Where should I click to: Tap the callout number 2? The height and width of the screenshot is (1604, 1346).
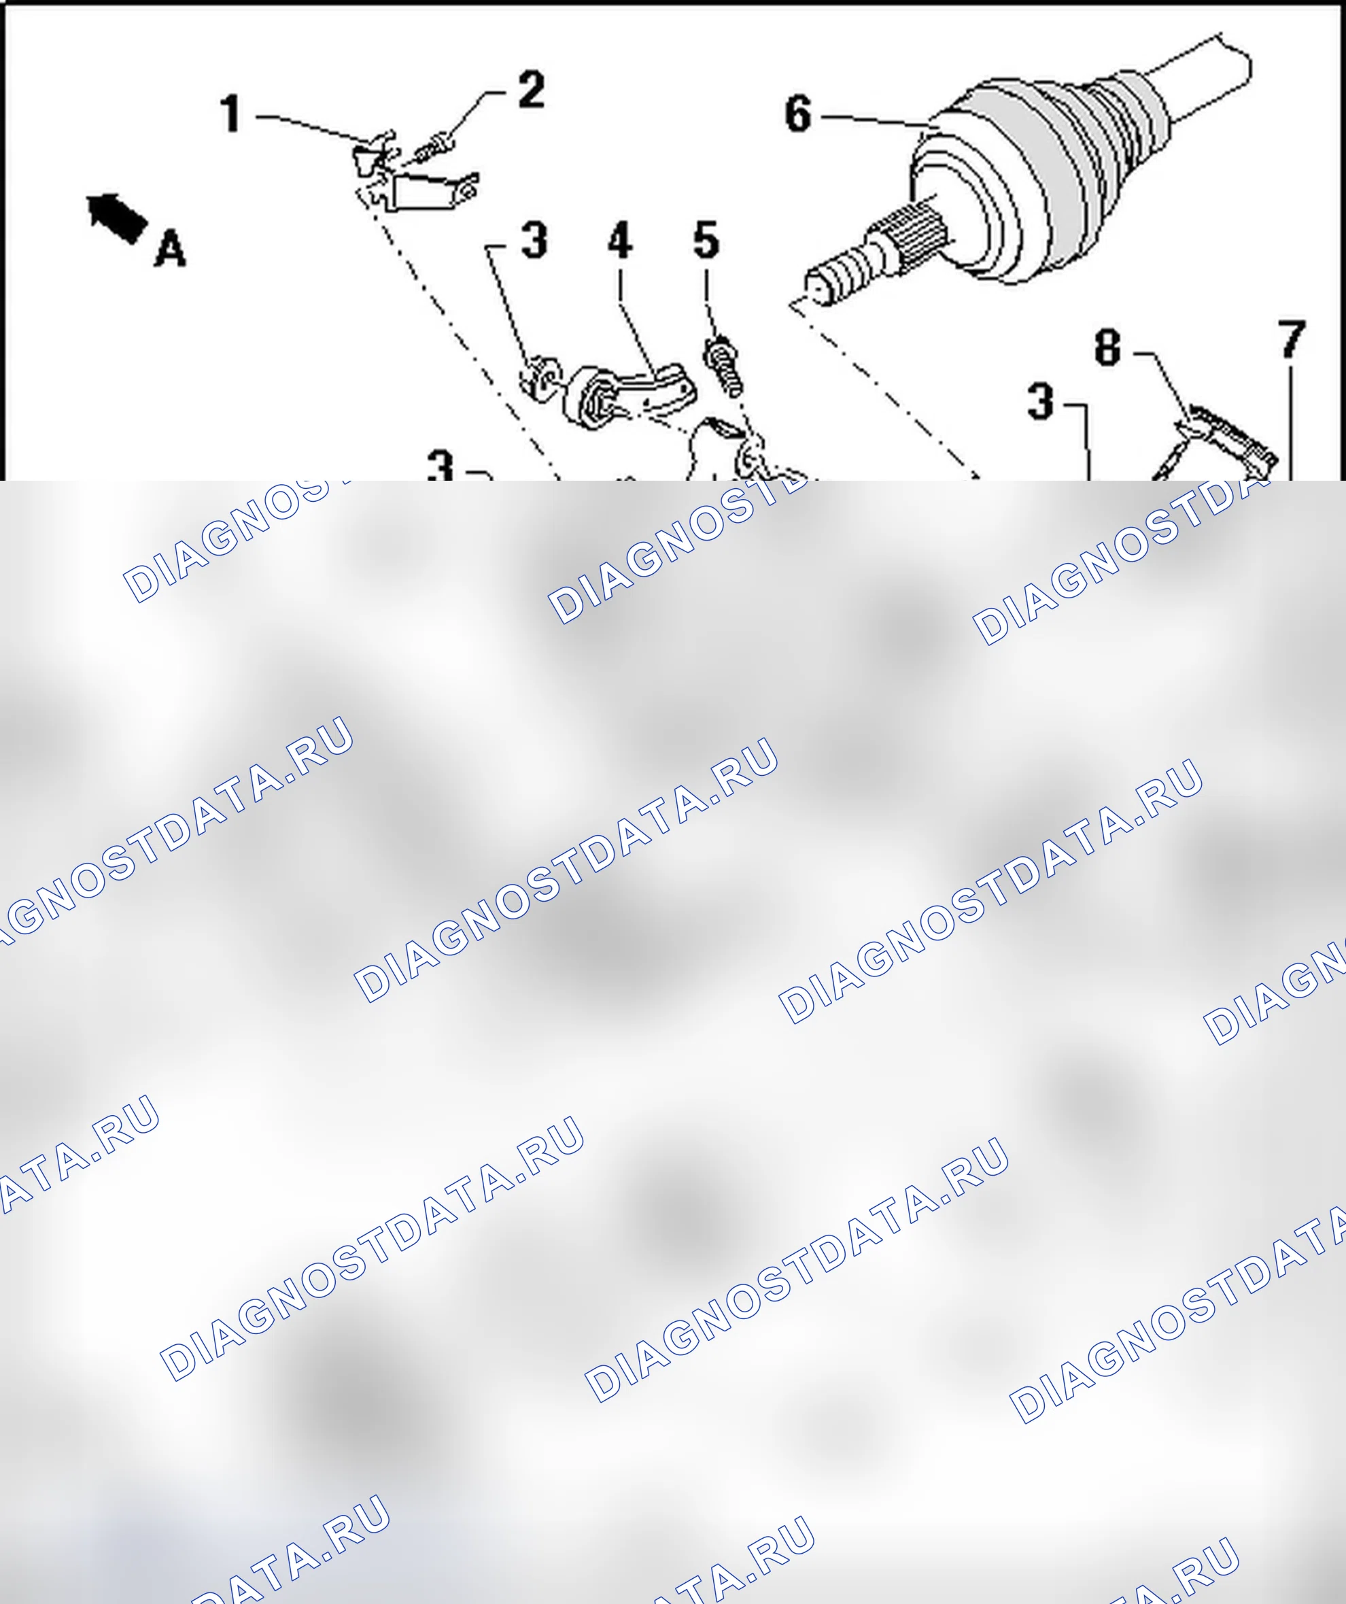point(532,90)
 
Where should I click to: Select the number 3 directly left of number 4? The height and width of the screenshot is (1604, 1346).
point(534,240)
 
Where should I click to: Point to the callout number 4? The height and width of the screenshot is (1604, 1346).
point(620,240)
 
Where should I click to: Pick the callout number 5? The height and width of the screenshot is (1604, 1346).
point(706,240)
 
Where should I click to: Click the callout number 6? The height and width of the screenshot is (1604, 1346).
point(798,114)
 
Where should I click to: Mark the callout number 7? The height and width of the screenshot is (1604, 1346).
point(1292,339)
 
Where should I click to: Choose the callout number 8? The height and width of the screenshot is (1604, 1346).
point(1108,347)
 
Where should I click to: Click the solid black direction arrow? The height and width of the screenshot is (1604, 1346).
point(118,218)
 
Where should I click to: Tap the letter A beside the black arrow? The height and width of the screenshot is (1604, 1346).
point(169,249)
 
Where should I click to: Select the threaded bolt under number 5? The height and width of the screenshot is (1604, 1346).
point(724,367)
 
